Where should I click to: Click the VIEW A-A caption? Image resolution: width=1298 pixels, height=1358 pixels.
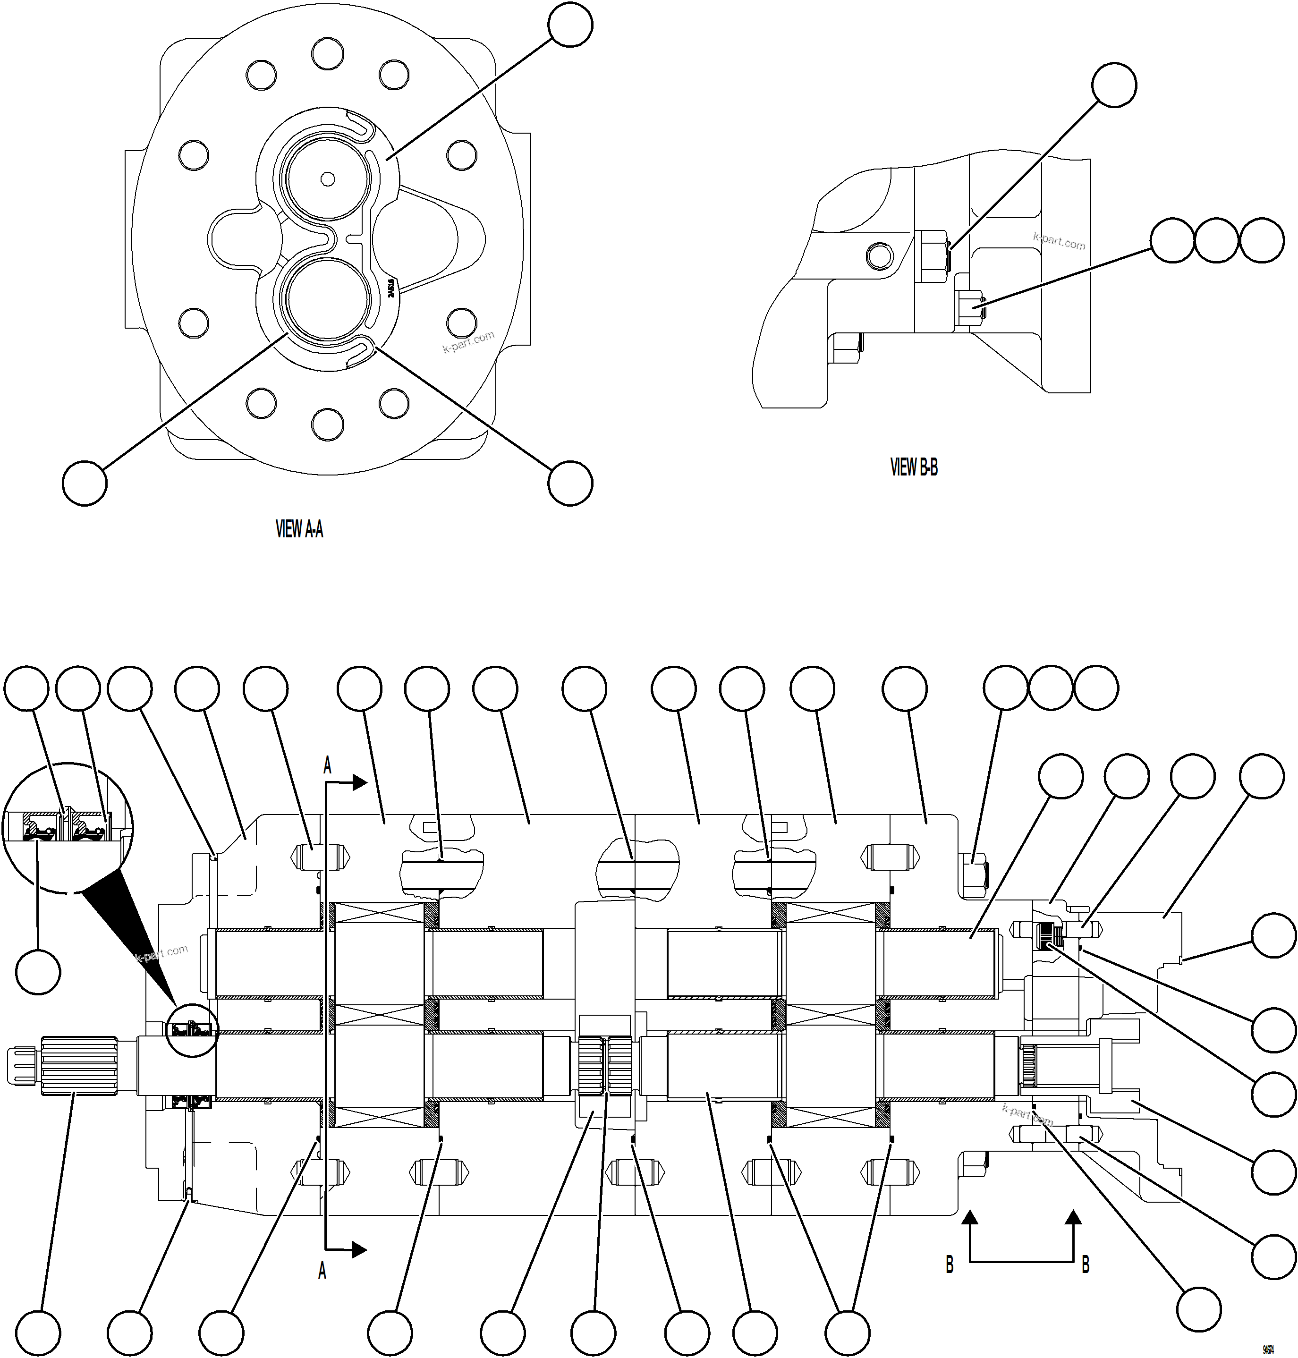pyautogui.click(x=299, y=530)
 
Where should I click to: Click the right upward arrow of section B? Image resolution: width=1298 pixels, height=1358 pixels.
pyautogui.click(x=1073, y=1219)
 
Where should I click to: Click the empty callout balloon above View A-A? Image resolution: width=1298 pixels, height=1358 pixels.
pyautogui.click(x=569, y=25)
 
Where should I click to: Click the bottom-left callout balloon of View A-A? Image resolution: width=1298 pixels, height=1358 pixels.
pyautogui.click(x=85, y=484)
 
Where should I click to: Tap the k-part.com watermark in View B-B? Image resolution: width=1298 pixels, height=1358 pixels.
pyautogui.click(x=1059, y=241)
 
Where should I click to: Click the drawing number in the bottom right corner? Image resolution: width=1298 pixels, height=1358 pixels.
pyautogui.click(x=1268, y=1350)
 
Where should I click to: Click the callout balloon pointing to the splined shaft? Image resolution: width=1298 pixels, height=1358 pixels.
pyautogui.click(x=38, y=1333)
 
